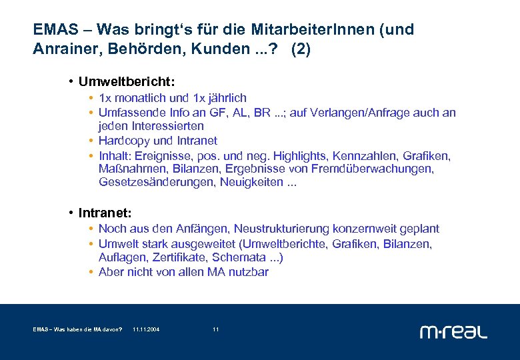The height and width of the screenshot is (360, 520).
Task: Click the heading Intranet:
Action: [105, 213]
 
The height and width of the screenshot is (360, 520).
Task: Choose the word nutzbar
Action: [249, 272]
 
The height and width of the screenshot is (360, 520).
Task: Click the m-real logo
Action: [453, 331]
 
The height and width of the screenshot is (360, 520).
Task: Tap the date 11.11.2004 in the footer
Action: [146, 329]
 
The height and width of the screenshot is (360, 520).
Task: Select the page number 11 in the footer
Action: [215, 329]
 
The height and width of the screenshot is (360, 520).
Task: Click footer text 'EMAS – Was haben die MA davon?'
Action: [77, 329]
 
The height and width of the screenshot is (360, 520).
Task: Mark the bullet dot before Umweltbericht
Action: [71, 81]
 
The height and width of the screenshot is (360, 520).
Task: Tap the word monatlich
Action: [138, 97]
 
